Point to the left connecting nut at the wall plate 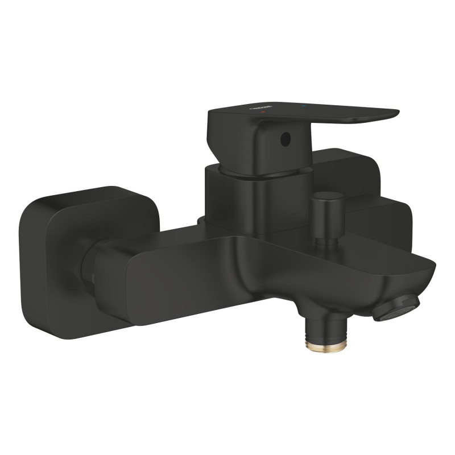pos(91,267)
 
